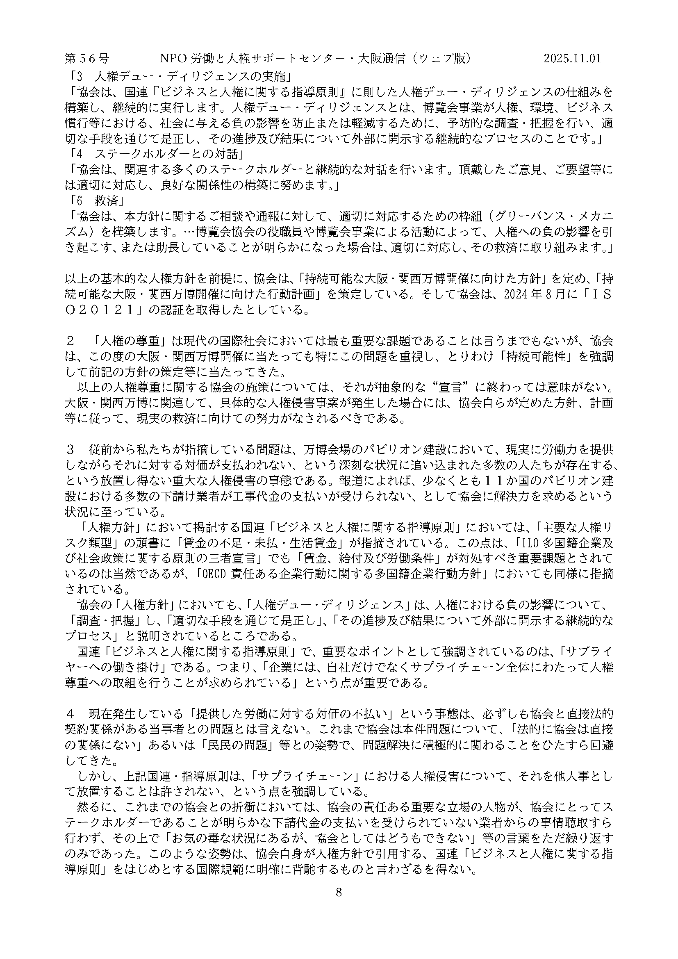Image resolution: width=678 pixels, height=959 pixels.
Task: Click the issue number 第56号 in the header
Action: click(87, 59)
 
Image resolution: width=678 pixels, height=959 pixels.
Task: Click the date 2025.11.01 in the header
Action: click(572, 59)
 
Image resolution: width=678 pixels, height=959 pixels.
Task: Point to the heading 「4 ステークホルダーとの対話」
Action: click(157, 154)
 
